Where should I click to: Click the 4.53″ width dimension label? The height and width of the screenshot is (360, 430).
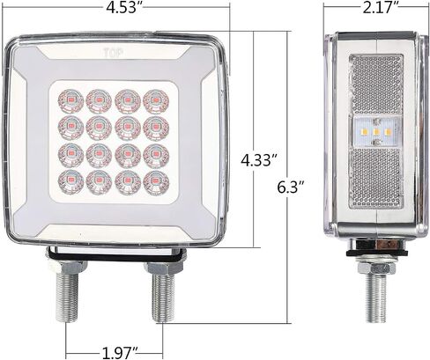pyautogui.click(x=124, y=8)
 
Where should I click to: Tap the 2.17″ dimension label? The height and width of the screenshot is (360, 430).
pyautogui.click(x=376, y=8)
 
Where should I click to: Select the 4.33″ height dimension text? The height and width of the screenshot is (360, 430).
pyautogui.click(x=259, y=160)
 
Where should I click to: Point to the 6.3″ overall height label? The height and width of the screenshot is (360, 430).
pyautogui.click(x=291, y=187)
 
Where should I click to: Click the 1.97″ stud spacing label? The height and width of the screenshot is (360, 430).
pyautogui.click(x=120, y=352)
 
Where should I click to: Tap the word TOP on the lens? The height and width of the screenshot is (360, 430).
pyautogui.click(x=114, y=53)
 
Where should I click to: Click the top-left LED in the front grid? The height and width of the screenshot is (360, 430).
pyautogui.click(x=70, y=101)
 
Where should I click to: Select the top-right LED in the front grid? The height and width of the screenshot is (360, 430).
pyautogui.click(x=156, y=101)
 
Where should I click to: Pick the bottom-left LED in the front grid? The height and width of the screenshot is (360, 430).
pyautogui.click(x=70, y=183)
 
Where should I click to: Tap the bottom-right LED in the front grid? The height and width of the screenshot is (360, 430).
pyautogui.click(x=156, y=183)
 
